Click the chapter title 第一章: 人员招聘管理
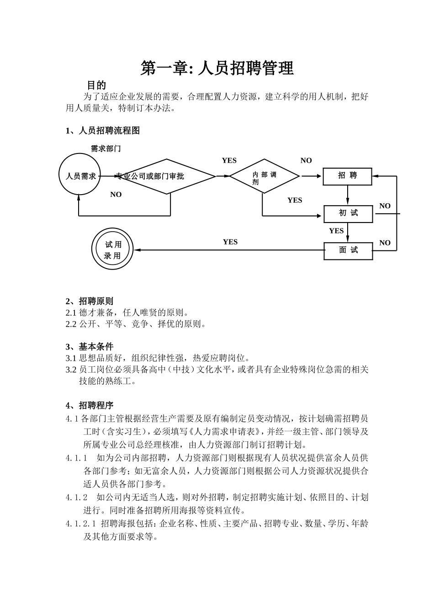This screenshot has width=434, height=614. click(217, 69)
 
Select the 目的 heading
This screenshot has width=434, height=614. click(96, 85)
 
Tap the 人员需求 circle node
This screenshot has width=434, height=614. click(80, 175)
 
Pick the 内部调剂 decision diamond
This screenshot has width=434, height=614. click(264, 176)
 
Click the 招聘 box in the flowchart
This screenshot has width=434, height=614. click(347, 176)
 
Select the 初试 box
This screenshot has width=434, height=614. click(348, 213)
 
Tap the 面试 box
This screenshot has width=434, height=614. click(348, 250)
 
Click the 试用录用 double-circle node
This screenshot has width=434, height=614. click(112, 250)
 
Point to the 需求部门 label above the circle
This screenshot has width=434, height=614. click(106, 148)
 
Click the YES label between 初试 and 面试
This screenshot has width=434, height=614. click(336, 231)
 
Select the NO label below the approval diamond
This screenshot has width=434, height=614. click(116, 195)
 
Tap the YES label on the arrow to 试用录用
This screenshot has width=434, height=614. click(230, 242)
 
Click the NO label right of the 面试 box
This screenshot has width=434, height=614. click(385, 243)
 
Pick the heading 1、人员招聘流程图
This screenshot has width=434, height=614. click(103, 131)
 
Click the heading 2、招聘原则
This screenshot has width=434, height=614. click(90, 301)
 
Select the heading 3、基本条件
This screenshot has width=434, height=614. click(90, 346)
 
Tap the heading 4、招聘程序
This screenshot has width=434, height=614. click(90, 405)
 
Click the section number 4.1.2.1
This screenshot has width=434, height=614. click(81, 524)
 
